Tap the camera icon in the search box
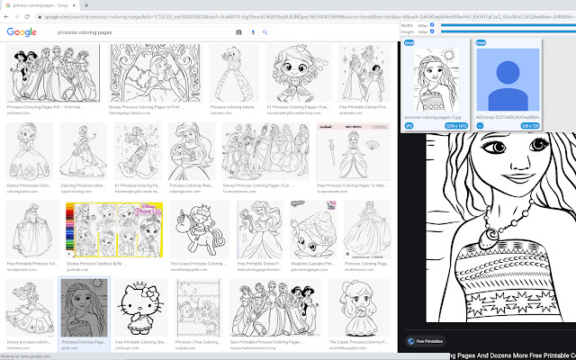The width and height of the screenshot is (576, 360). point(238,32)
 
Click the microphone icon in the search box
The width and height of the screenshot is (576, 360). point(253,32)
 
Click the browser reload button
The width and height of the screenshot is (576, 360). point(27,16)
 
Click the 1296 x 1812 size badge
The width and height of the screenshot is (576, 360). point(432,126)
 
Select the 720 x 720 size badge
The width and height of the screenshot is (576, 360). point(529,126)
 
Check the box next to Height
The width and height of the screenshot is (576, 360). point(432,32)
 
